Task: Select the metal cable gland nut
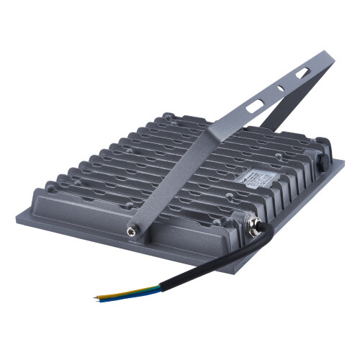(x=253, y=232)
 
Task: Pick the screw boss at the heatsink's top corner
(x=167, y=116)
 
